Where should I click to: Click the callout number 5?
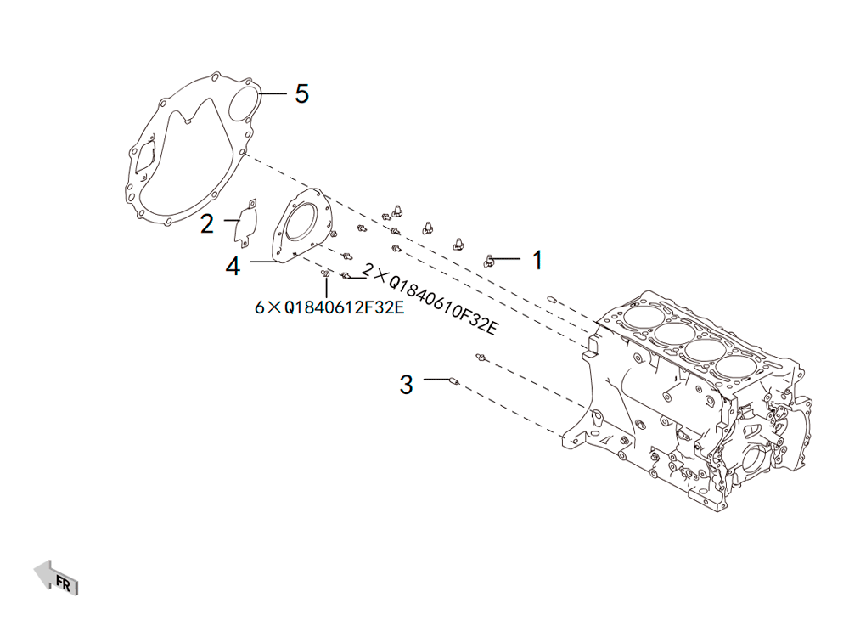pos(301,93)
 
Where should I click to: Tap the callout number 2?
pos(207,223)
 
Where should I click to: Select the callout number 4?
pos(233,266)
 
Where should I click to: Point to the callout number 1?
pos(537,260)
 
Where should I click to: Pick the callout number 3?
pos(406,385)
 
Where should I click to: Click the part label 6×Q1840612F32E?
pos(329,307)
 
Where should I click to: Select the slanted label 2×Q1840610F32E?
pos(429,300)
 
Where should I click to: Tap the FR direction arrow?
pos(56,578)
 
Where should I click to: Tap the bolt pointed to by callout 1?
pos(489,261)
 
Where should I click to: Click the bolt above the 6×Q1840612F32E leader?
pos(325,274)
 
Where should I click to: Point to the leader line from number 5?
pos(273,93)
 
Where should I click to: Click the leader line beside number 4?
pos(264,262)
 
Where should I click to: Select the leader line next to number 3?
pos(437,380)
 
